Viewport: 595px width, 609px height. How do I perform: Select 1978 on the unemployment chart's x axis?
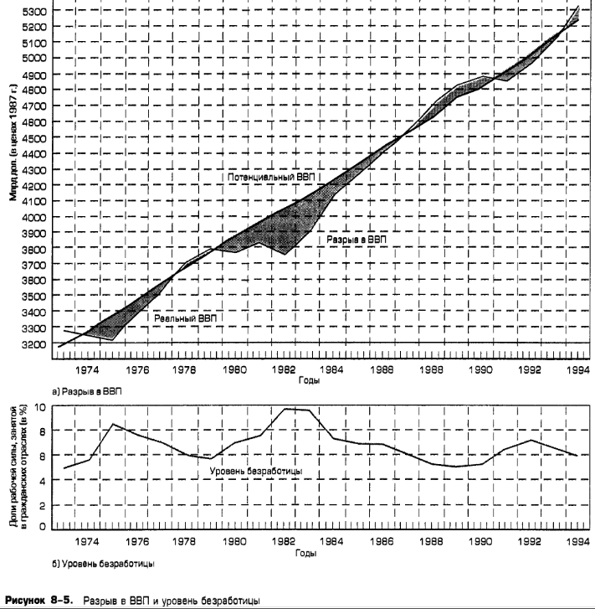click(x=187, y=541)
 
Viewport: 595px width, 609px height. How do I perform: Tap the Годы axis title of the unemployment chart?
click(x=310, y=553)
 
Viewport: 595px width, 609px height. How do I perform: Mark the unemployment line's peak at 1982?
click(x=287, y=409)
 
